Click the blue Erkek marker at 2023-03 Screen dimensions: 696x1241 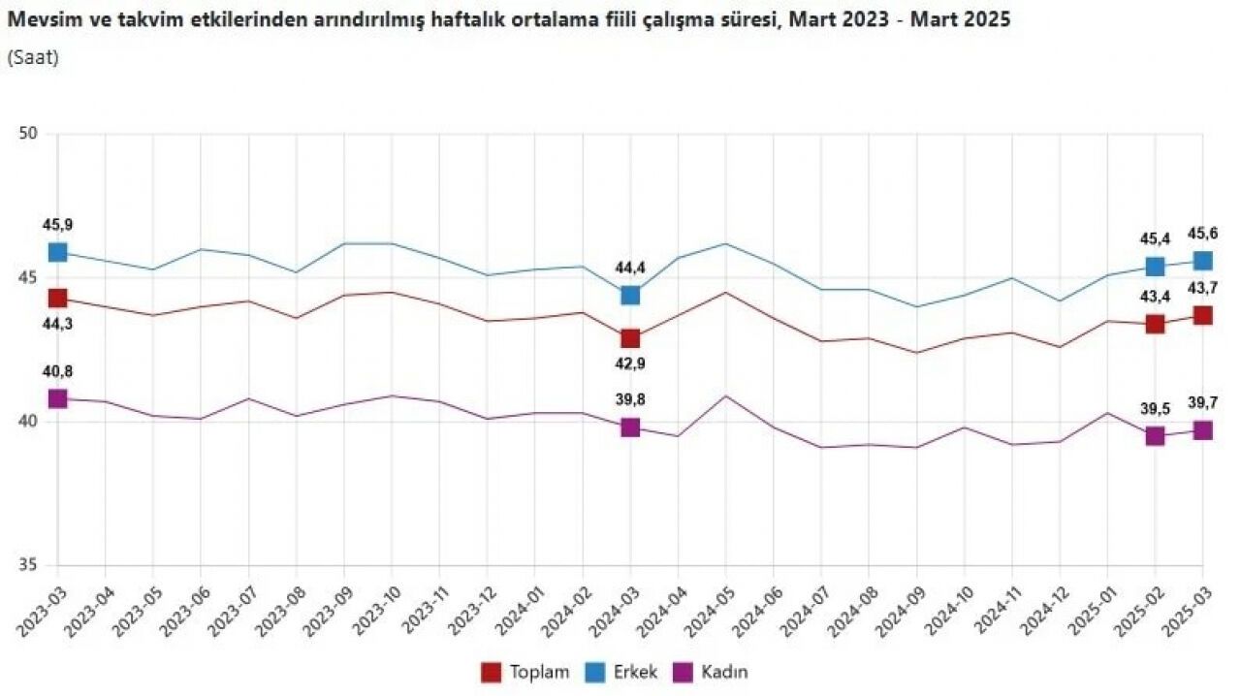pyautogui.click(x=57, y=252)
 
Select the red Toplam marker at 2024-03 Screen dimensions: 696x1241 pyautogui.click(x=630, y=338)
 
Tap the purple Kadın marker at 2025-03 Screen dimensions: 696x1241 pyautogui.click(x=1202, y=430)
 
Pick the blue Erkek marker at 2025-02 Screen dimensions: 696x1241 pyautogui.click(x=1155, y=267)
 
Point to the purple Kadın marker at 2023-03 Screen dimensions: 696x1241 pyautogui.click(x=57, y=398)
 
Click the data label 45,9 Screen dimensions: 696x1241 pyautogui.click(x=57, y=225)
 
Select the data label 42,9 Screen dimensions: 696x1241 pyautogui.click(x=630, y=364)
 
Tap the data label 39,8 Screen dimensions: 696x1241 pyautogui.click(x=630, y=400)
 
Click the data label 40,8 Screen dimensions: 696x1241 pyautogui.click(x=57, y=371)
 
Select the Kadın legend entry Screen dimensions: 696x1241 pyautogui.click(x=713, y=672)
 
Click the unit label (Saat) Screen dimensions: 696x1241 pyautogui.click(x=33, y=57)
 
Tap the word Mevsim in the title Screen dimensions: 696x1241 pyautogui.click(x=36, y=19)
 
